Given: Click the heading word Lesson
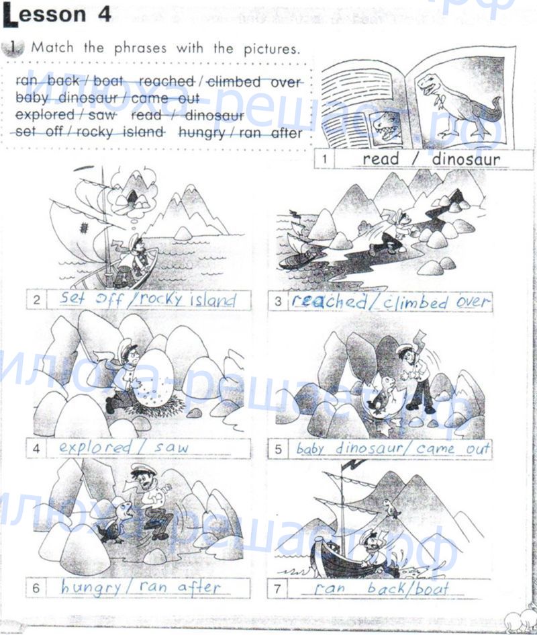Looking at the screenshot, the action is (44, 15).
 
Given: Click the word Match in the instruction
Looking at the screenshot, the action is (52, 48).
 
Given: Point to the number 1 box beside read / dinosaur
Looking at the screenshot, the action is (324, 159).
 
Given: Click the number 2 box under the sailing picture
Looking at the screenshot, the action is (36, 300).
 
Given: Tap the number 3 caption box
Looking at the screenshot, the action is (278, 302).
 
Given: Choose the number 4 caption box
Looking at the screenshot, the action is (36, 448).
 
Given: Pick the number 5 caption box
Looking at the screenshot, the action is (278, 450).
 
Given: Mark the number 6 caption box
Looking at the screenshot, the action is (36, 588).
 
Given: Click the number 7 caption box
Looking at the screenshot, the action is (277, 589).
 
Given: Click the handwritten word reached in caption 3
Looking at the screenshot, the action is (329, 302).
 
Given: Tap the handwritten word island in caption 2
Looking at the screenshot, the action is (213, 300).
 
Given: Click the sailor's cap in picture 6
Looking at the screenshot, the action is (141, 470).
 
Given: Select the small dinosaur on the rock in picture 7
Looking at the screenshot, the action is (391, 508).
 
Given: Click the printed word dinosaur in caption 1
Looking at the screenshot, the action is (466, 159).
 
